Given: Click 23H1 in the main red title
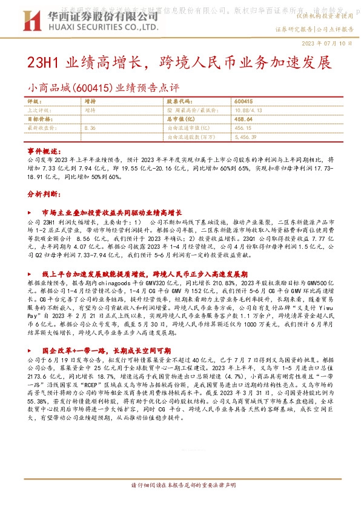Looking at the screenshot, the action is coord(46,63).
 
